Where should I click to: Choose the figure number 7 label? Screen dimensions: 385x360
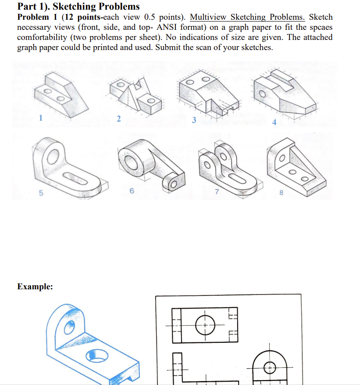coord(216,192)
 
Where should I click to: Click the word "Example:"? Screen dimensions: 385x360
coord(35,287)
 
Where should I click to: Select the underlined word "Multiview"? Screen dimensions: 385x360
coord(208,18)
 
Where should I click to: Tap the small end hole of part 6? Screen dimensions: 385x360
coord(172,183)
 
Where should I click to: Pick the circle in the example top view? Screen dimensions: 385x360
coord(204,325)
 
